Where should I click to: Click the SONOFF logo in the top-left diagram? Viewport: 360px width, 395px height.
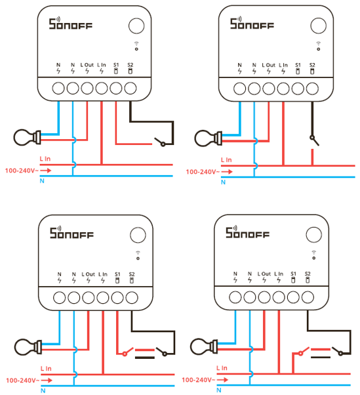[x=70, y=23]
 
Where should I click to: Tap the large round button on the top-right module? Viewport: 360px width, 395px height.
[x=318, y=26]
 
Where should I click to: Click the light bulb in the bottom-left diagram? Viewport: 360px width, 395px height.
[x=28, y=347]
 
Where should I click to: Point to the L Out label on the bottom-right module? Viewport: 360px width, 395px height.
[x=264, y=274]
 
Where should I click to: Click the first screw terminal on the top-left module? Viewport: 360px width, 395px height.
[x=58, y=88]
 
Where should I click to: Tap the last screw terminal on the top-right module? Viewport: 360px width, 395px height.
[x=312, y=89]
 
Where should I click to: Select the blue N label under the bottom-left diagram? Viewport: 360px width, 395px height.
[x=43, y=390]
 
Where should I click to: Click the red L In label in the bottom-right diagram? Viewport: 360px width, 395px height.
[x=222, y=368]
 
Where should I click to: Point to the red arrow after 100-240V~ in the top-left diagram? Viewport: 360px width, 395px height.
[x=46, y=171]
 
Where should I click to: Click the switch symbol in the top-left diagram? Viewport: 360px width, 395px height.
[x=161, y=142]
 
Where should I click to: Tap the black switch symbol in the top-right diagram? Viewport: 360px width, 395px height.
[x=314, y=140]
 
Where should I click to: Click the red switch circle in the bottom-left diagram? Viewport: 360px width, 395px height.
[x=125, y=354]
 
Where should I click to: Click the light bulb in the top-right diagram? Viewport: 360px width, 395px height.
[x=208, y=138]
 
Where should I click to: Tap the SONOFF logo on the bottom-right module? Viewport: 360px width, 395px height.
[x=247, y=232]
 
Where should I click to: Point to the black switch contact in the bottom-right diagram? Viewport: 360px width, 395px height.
[x=338, y=351]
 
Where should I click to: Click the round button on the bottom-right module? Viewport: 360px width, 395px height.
[x=313, y=234]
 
